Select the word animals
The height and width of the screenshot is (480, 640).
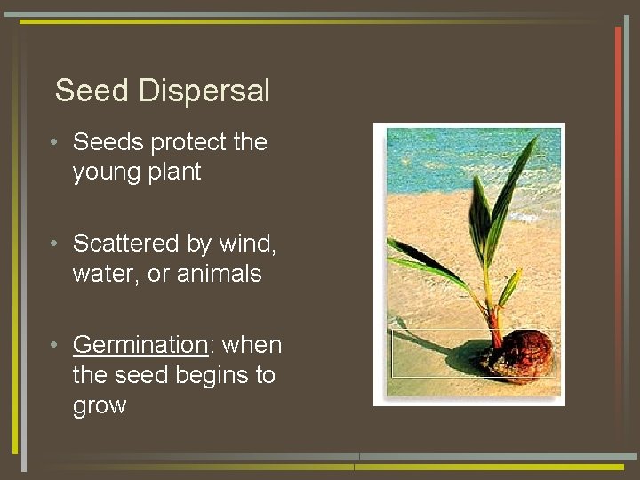point(219,274)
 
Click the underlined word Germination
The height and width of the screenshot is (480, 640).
point(140,345)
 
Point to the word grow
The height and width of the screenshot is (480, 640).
point(100,406)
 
